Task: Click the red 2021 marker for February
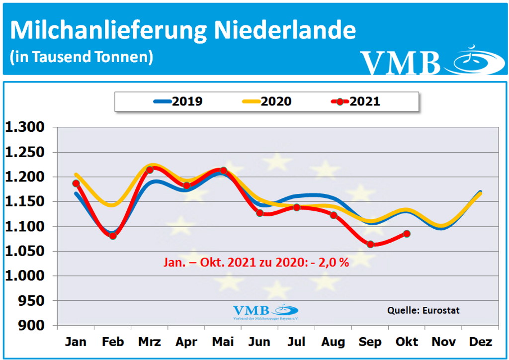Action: [113, 236]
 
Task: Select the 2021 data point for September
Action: [370, 244]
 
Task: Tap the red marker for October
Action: [407, 234]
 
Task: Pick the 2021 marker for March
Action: [150, 170]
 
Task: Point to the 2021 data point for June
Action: [259, 213]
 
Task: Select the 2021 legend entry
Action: [355, 101]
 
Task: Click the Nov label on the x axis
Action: [443, 342]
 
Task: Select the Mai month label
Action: [223, 342]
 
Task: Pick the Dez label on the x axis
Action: [480, 342]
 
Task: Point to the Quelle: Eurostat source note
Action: [424, 310]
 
